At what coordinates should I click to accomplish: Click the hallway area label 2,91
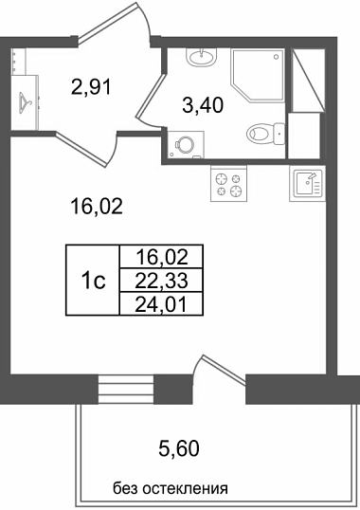91,87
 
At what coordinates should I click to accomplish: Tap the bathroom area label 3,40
203,105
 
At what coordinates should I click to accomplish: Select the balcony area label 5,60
179,448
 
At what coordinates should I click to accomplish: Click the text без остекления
171,488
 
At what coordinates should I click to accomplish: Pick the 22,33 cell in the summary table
161,281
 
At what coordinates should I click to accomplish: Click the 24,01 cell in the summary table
161,304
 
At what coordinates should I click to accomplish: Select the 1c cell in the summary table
93,280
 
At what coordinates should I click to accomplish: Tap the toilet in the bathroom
266,134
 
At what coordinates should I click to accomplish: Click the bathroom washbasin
202,58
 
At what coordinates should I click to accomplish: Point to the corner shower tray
257,75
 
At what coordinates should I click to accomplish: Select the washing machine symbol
185,144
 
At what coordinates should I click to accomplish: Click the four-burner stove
228,184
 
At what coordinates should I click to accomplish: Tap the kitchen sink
307,184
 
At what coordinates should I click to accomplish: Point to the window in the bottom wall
126,389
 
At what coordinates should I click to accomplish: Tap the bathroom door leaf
151,97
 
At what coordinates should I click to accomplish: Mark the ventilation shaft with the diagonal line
307,81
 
